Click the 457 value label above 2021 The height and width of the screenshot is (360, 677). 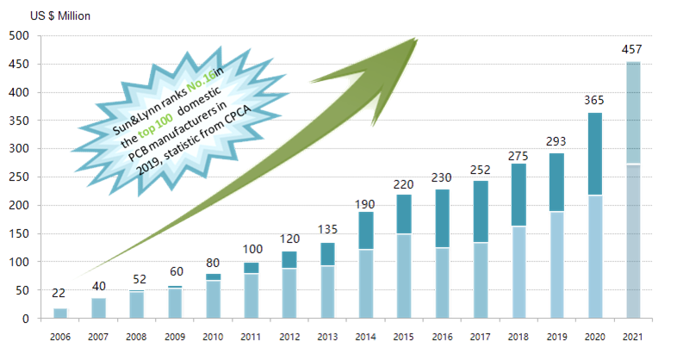[x=632, y=48]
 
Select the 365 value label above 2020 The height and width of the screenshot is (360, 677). [x=595, y=100]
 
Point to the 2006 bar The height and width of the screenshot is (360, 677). [x=61, y=313]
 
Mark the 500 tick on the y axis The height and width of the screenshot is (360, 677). [x=20, y=36]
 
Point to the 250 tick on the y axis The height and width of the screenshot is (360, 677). [x=20, y=177]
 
